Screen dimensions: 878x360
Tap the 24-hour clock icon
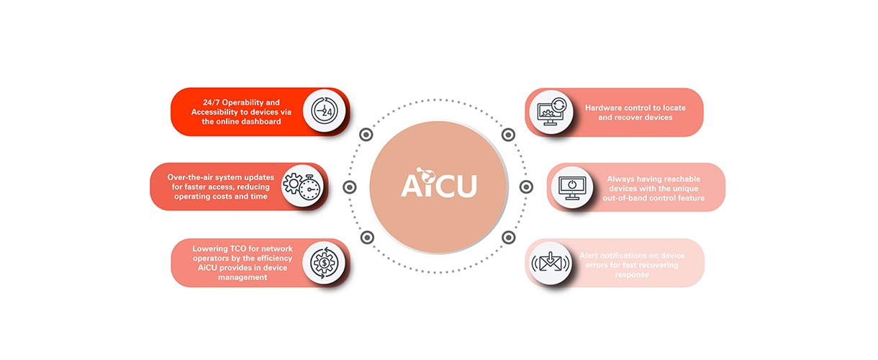click(324, 111)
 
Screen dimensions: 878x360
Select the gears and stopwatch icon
click(302, 186)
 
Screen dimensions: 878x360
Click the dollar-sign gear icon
click(324, 263)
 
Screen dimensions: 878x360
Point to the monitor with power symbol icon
click(572, 188)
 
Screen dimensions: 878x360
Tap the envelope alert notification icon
click(551, 262)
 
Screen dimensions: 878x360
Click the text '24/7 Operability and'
click(241, 102)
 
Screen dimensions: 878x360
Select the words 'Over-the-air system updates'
click(221, 177)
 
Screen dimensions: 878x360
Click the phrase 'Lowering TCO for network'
click(243, 248)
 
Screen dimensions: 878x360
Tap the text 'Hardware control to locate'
click(635, 108)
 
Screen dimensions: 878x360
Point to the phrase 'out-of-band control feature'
click(653, 198)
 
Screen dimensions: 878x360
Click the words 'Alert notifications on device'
click(632, 256)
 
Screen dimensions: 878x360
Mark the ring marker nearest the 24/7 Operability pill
click(366, 135)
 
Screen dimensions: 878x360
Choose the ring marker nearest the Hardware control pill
click(508, 135)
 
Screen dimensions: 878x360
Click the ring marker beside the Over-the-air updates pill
click(350, 187)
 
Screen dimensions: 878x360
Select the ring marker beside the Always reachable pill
click(526, 187)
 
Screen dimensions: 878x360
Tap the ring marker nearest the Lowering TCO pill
click(367, 238)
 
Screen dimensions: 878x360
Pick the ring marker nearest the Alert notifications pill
click(509, 238)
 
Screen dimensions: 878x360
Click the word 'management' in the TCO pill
click(243, 277)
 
